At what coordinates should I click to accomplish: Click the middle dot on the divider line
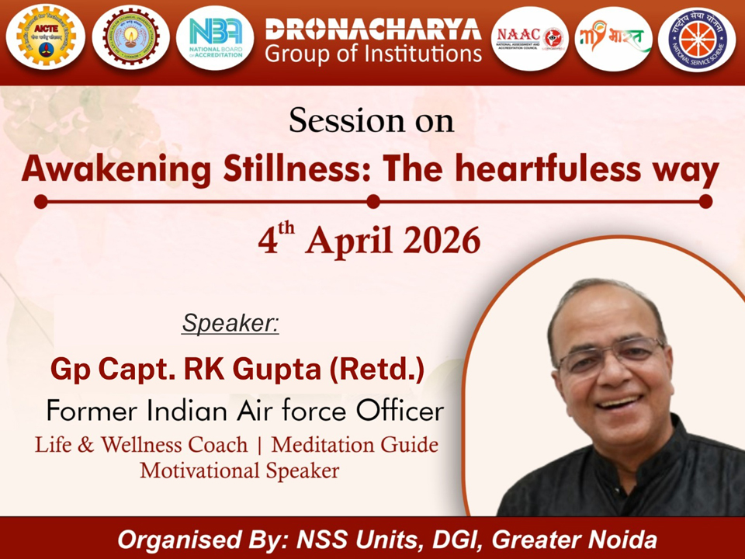[x=373, y=202]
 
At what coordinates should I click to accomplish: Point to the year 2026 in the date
[x=442, y=241]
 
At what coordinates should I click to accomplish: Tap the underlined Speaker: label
[x=230, y=323]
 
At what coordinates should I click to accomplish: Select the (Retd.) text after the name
[x=376, y=370]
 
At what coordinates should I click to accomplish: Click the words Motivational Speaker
[x=240, y=470]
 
